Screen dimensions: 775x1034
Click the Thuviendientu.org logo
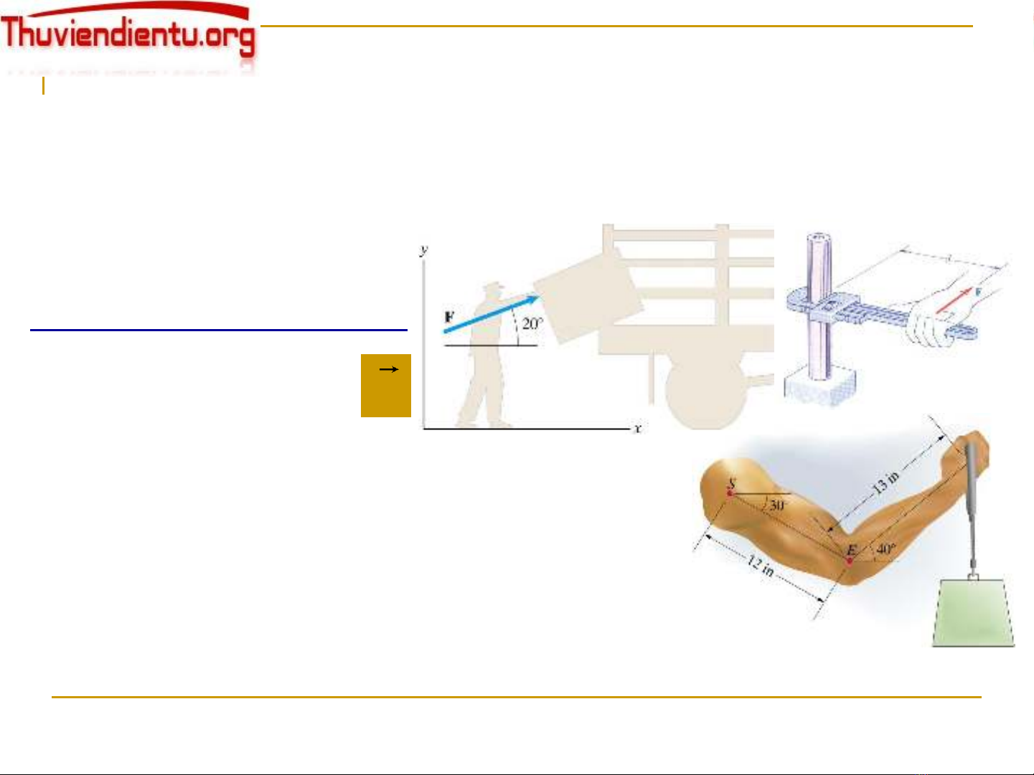pos(129,36)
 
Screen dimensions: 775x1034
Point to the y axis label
pos(424,249)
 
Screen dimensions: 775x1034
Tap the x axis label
pos(636,428)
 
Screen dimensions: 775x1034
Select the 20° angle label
pos(532,323)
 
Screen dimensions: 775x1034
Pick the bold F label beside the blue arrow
pos(449,316)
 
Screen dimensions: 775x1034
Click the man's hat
pos(492,287)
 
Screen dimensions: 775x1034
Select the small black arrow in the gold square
pos(388,369)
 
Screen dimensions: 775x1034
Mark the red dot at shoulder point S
pos(730,493)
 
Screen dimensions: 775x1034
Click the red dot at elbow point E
pos(850,561)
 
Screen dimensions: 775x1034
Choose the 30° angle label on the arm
pos(777,505)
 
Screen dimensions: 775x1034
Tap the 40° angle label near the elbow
pos(885,549)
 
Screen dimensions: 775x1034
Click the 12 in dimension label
pos(761,566)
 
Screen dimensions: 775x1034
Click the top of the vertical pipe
pos(817,239)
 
